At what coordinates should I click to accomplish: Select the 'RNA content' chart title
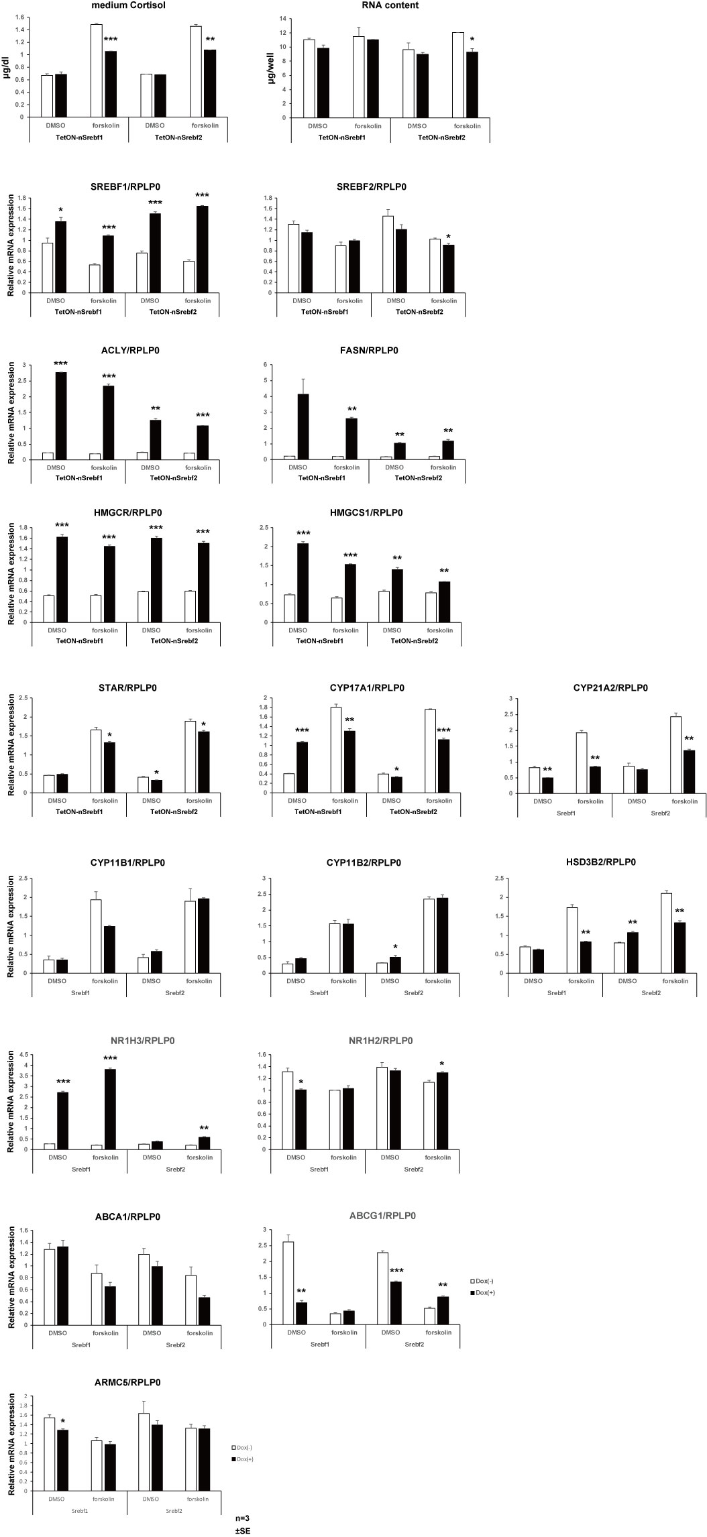[x=390, y=6]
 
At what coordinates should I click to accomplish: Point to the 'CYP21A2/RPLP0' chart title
[x=610, y=688]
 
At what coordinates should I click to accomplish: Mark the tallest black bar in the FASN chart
[x=303, y=426]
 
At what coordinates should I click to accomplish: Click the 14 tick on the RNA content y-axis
[x=282, y=19]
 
